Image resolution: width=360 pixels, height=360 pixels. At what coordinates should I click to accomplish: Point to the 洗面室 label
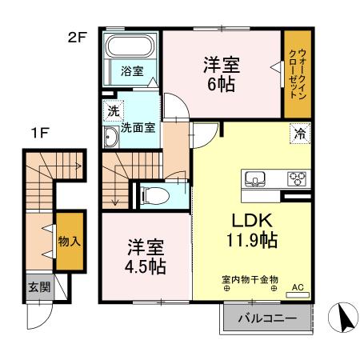pyautogui.click(x=138, y=126)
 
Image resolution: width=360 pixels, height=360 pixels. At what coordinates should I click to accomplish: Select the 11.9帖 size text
pyautogui.click(x=252, y=239)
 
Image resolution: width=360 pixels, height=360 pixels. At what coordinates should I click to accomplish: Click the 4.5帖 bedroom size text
pyautogui.click(x=144, y=266)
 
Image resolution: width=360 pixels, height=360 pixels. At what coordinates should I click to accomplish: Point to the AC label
pyautogui.click(x=298, y=286)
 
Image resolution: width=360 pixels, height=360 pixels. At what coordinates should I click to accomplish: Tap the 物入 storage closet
pyautogui.click(x=68, y=240)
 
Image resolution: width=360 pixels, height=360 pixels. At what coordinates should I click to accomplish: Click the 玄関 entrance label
pyautogui.click(x=38, y=286)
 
